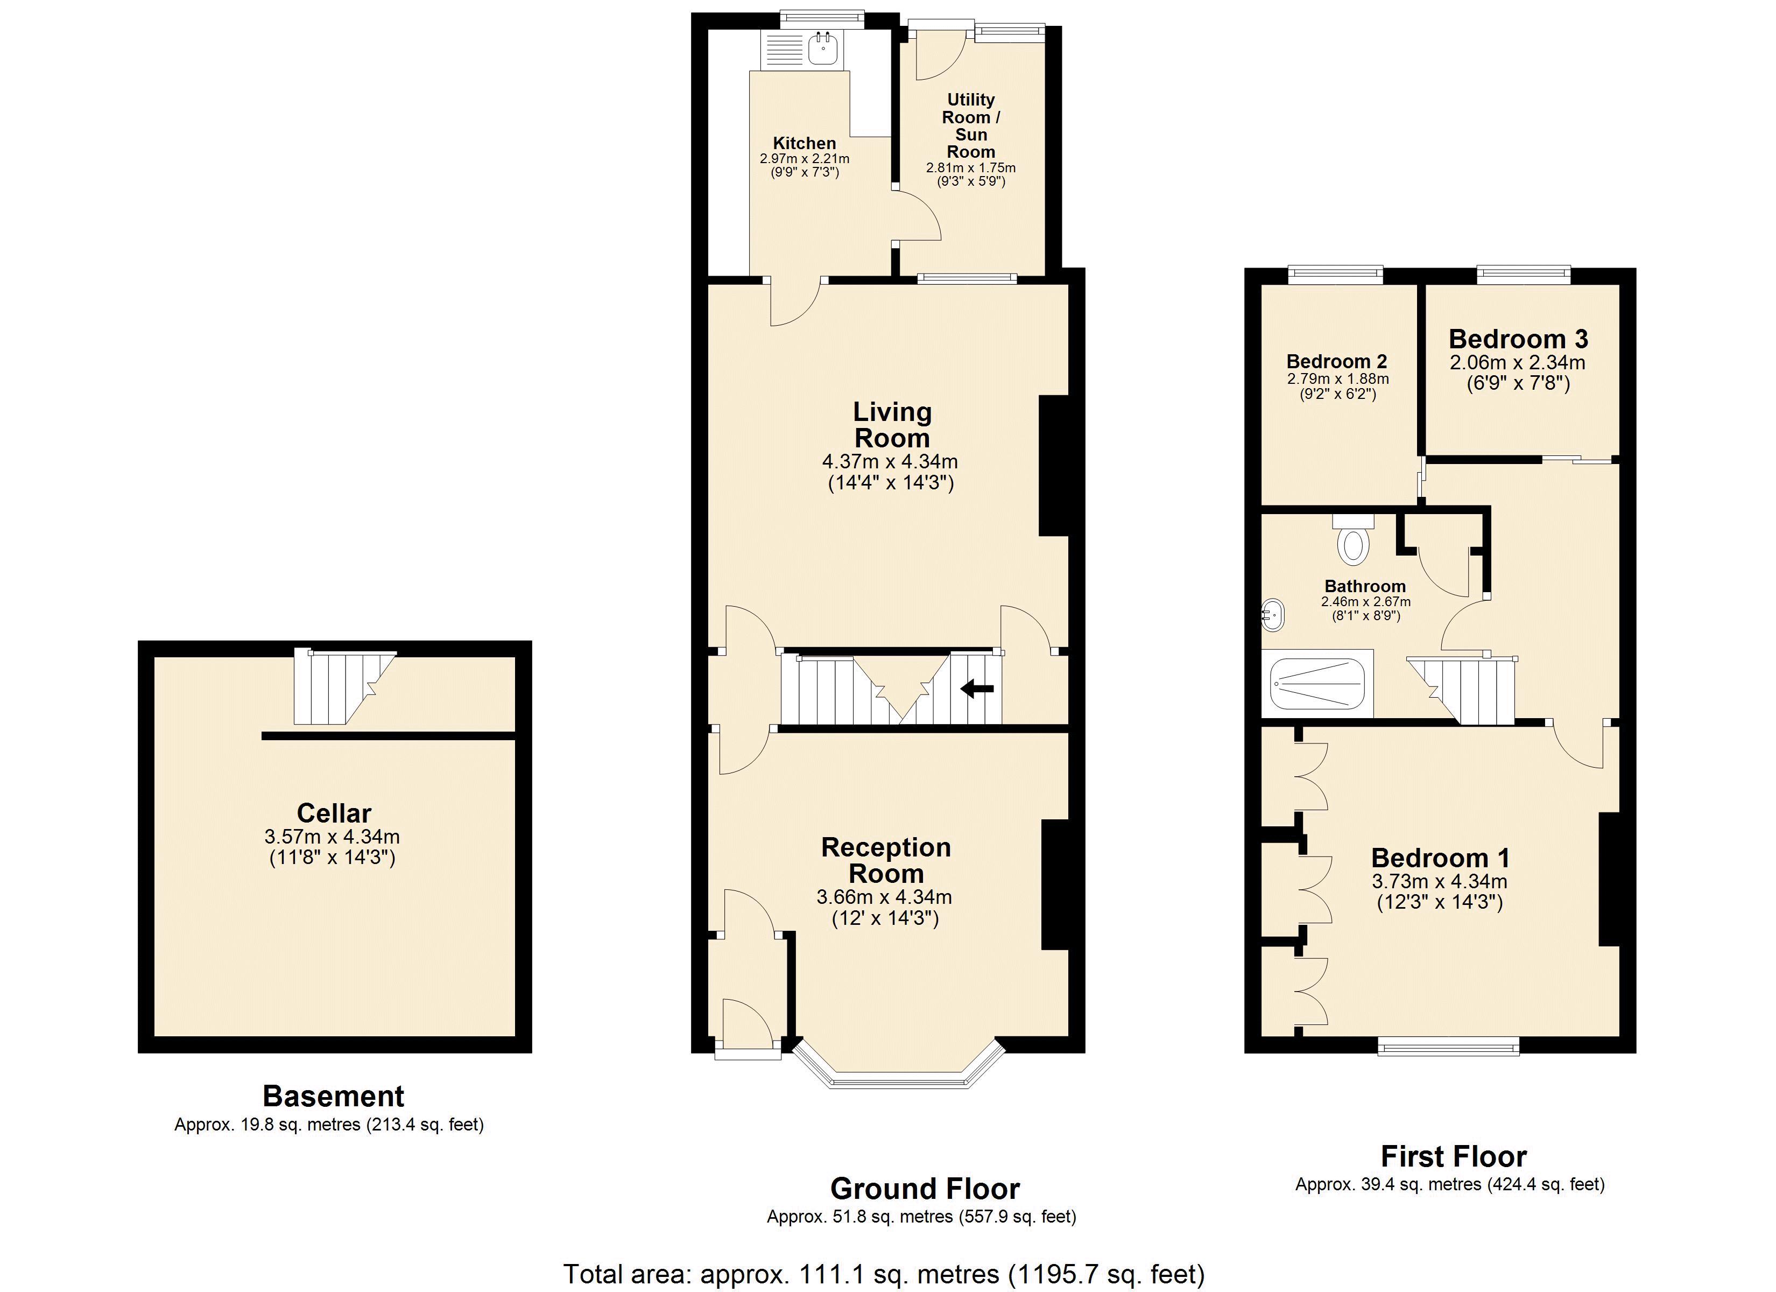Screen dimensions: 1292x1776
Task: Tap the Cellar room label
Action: (x=334, y=812)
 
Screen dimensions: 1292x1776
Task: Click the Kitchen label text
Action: (x=804, y=143)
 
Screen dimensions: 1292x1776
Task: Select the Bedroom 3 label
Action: (x=1518, y=339)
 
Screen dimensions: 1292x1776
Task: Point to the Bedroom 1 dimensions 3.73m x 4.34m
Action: (x=1439, y=881)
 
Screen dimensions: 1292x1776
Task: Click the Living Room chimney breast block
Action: (x=1054, y=466)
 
